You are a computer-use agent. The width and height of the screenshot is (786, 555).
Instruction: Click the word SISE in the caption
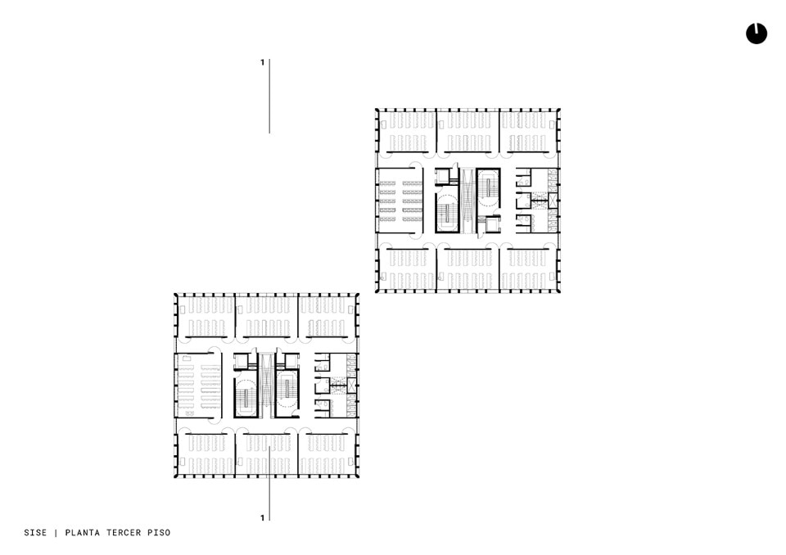pos(35,532)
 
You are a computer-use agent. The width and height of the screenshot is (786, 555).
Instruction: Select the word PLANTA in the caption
pos(82,532)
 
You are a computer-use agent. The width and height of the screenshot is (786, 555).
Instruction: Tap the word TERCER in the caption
pos(124,532)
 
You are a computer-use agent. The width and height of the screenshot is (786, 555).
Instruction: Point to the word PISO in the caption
pos(159,532)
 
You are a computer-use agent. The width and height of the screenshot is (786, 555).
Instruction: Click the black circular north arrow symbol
pos(757,34)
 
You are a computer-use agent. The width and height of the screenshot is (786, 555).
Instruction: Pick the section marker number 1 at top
pos(262,63)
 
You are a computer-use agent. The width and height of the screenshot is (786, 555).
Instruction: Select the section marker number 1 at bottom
pos(262,518)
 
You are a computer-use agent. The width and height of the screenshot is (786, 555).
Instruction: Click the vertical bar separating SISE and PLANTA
pos(56,532)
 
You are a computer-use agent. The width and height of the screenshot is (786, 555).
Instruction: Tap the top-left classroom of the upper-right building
pos(407,131)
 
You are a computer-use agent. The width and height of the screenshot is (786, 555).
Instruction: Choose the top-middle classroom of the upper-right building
pos(468,131)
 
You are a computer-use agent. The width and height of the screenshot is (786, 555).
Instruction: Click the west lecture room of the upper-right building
pos(400,200)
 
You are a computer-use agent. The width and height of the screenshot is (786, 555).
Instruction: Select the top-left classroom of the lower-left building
pos(206,316)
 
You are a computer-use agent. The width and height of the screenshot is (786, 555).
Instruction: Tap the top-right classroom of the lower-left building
pos(327,316)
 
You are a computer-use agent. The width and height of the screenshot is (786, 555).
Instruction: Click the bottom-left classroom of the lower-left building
pos(206,454)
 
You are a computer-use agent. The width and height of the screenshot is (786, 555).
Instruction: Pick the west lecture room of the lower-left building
pos(198,386)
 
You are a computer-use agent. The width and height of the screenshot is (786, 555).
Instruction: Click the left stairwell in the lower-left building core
pos(246,394)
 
